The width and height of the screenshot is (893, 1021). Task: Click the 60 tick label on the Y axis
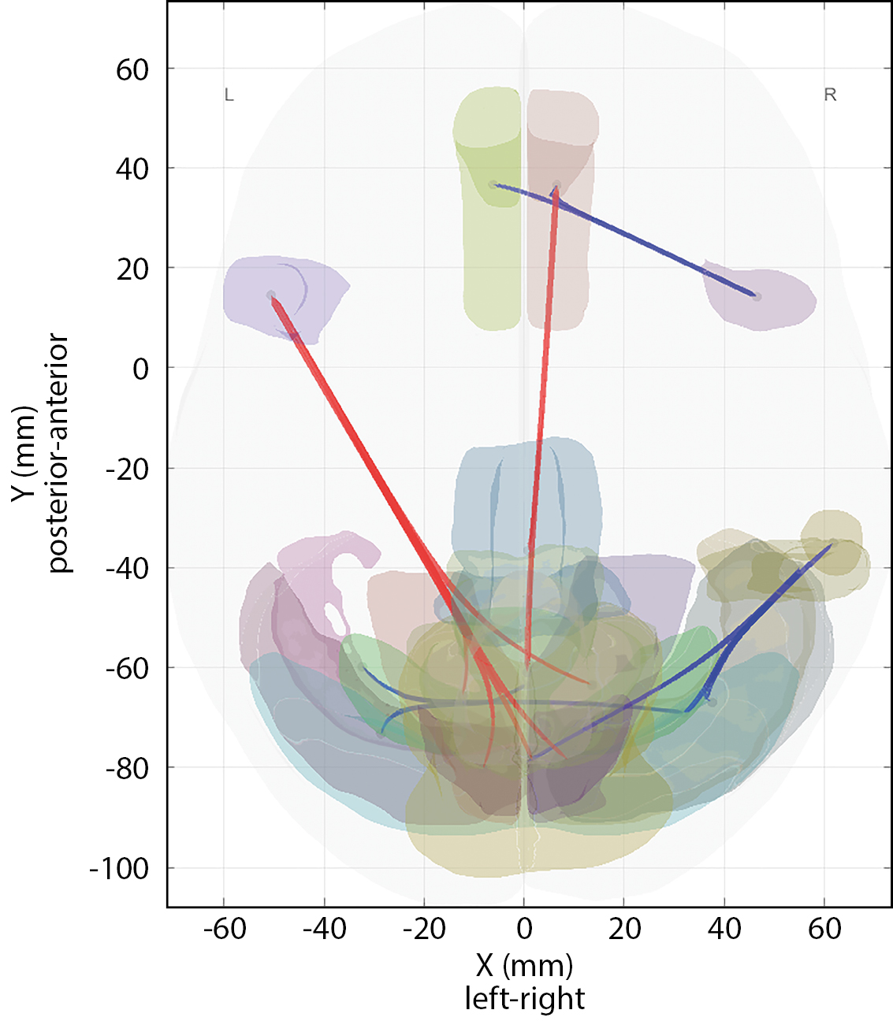[132, 70]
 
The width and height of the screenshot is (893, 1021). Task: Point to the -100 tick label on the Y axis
[119, 869]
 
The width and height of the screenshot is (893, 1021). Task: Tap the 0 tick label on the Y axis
[141, 369]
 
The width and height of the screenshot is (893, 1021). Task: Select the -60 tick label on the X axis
[225, 929]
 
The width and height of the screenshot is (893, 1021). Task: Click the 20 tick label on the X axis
[624, 929]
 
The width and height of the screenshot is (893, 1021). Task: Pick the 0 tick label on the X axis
[524, 929]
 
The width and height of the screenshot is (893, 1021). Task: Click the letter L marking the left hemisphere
[229, 95]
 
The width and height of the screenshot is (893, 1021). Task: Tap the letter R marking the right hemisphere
[830, 95]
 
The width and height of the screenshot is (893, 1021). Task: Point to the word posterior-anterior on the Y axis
[59, 453]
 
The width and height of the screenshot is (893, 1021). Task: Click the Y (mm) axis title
[24, 453]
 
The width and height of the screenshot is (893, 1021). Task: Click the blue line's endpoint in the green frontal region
[493, 184]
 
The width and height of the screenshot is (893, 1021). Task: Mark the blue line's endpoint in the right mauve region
[757, 296]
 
